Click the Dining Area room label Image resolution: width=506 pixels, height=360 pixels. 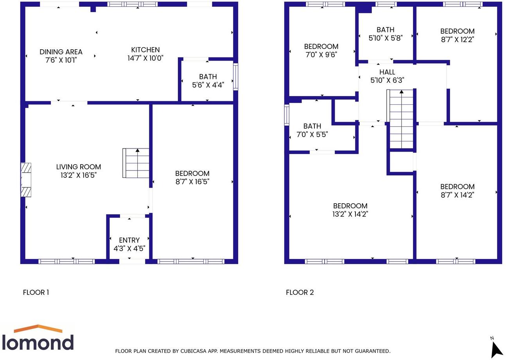coord(61,52)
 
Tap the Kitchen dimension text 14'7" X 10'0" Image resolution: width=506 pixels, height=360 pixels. coord(145,58)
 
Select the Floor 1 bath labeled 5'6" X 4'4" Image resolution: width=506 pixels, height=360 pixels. coord(208,81)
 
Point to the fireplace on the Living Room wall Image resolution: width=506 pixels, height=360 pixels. coord(26,180)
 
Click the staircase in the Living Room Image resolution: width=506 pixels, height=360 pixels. coord(136,163)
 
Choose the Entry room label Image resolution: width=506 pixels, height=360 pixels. coord(129,240)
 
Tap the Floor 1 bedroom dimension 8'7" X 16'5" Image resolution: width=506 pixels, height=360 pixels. coord(192,181)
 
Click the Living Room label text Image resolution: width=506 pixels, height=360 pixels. coord(79,167)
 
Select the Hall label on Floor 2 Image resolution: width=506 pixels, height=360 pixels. coord(387,72)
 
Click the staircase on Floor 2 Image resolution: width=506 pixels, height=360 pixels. coord(401,119)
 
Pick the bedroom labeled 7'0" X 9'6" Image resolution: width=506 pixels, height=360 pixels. coord(321,50)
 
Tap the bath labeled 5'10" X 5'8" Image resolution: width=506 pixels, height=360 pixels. coord(385,34)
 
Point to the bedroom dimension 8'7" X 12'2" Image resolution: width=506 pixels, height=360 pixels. coord(457,39)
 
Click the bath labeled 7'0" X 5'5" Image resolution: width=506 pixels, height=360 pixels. coord(312,130)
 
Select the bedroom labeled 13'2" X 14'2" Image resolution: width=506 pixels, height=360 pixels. coord(350,210)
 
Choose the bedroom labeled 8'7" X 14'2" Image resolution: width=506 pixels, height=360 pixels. coord(457,191)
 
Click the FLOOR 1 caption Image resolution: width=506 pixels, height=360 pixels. coord(36,292)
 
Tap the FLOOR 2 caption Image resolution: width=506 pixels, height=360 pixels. coord(300,292)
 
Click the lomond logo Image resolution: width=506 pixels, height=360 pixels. coord(38,338)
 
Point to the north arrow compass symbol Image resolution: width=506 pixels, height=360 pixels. coord(496,347)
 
